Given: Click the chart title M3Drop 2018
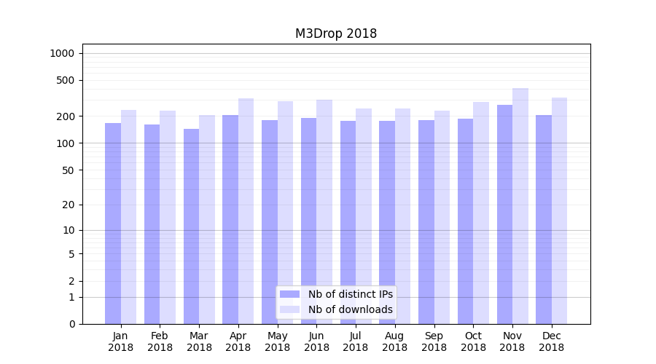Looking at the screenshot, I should point(335,33).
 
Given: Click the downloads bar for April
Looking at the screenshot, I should point(246,211).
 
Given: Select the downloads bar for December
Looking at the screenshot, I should point(560,210).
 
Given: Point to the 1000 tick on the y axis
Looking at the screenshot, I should point(62,53).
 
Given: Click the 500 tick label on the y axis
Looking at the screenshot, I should point(65,80).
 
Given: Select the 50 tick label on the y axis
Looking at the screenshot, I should point(67,170).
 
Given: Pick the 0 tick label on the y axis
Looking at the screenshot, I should point(71,324).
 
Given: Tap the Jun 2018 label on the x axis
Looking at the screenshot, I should point(316,341).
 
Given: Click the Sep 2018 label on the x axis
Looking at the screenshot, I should point(434,341).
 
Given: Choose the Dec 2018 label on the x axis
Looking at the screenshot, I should point(551,341).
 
